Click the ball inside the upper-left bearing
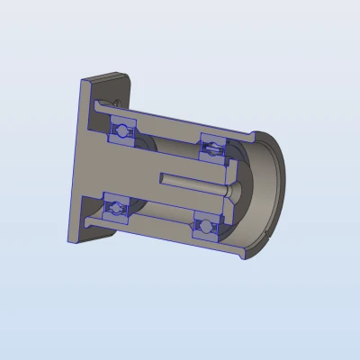(121, 128)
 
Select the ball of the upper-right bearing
(212, 145)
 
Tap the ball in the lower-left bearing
(115, 210)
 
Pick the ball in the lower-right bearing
(206, 226)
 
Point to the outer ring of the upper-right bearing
(214, 136)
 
